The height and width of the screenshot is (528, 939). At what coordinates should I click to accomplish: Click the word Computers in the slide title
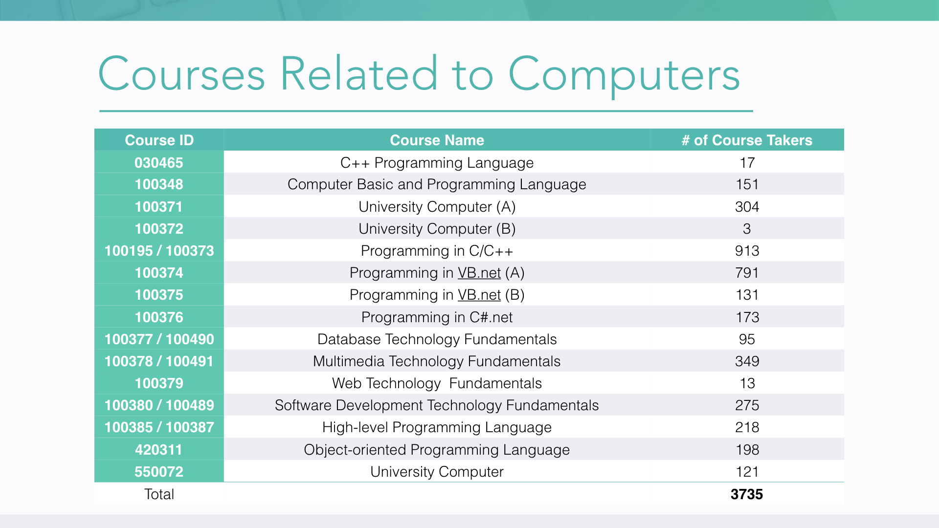coord(624,75)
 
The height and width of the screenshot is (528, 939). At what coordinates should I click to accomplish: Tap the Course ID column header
coord(159,140)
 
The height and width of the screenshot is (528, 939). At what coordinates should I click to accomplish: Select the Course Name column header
coord(437,140)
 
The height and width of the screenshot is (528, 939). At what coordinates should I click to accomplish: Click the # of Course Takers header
coord(747,140)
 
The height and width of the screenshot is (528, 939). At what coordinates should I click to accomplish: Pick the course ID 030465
coord(159,163)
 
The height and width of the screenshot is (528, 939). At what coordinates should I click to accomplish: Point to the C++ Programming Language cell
coord(437,163)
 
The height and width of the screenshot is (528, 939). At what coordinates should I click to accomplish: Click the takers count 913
coord(747,251)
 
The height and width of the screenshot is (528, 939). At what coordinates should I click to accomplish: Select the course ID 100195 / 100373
coord(159,251)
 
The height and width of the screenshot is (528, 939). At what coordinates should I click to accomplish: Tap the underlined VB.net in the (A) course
coord(479,273)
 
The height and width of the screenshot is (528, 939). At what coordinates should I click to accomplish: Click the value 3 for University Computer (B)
coord(747,229)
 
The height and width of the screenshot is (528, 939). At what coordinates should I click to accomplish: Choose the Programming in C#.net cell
coord(437,317)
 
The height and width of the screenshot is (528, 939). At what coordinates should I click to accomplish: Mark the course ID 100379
coord(159,383)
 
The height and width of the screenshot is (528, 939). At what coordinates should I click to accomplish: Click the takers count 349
coord(747,361)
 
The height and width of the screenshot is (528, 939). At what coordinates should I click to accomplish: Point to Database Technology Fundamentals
coord(437,339)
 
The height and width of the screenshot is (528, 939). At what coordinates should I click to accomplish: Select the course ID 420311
coord(159,450)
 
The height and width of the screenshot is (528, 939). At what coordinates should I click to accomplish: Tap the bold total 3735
coord(747,494)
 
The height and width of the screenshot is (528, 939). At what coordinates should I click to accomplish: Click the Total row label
coord(159,494)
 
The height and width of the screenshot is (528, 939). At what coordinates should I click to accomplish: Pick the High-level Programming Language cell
coord(437,427)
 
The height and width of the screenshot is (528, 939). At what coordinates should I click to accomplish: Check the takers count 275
coord(747,405)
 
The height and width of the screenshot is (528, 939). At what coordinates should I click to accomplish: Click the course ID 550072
coord(159,472)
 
